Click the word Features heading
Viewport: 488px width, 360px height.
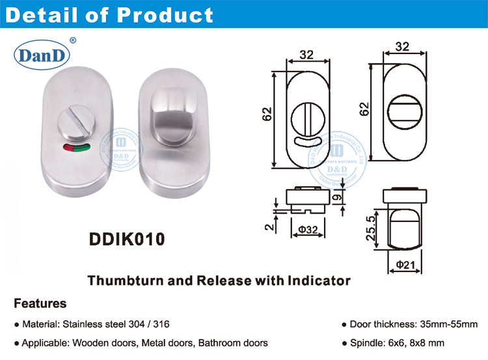[x=40, y=303]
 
